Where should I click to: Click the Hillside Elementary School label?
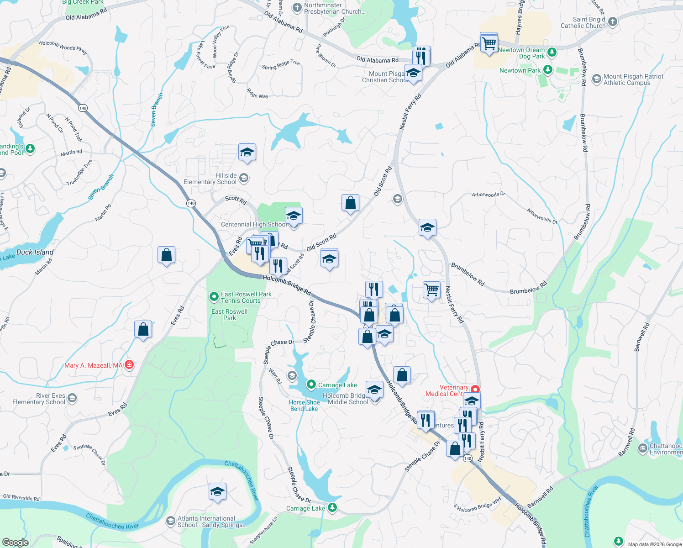point(210,179)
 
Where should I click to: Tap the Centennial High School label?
point(254,224)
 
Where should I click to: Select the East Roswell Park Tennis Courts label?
point(246,297)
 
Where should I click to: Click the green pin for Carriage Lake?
point(311,385)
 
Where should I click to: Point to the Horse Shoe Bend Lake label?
point(304,406)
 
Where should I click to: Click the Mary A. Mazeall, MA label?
point(93,365)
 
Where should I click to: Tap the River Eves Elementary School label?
point(39,399)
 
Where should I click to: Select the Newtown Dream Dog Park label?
point(521,53)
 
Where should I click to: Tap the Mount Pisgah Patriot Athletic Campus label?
point(633,79)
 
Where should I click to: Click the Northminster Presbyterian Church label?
point(335,8)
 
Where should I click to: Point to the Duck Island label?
point(35,252)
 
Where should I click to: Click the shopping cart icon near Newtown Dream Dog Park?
point(489,44)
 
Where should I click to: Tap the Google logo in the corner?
point(16,543)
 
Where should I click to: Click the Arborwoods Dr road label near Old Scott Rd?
point(489,195)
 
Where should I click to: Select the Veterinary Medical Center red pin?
point(475,389)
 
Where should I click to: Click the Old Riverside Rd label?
point(21,497)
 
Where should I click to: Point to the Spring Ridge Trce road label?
point(281,65)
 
